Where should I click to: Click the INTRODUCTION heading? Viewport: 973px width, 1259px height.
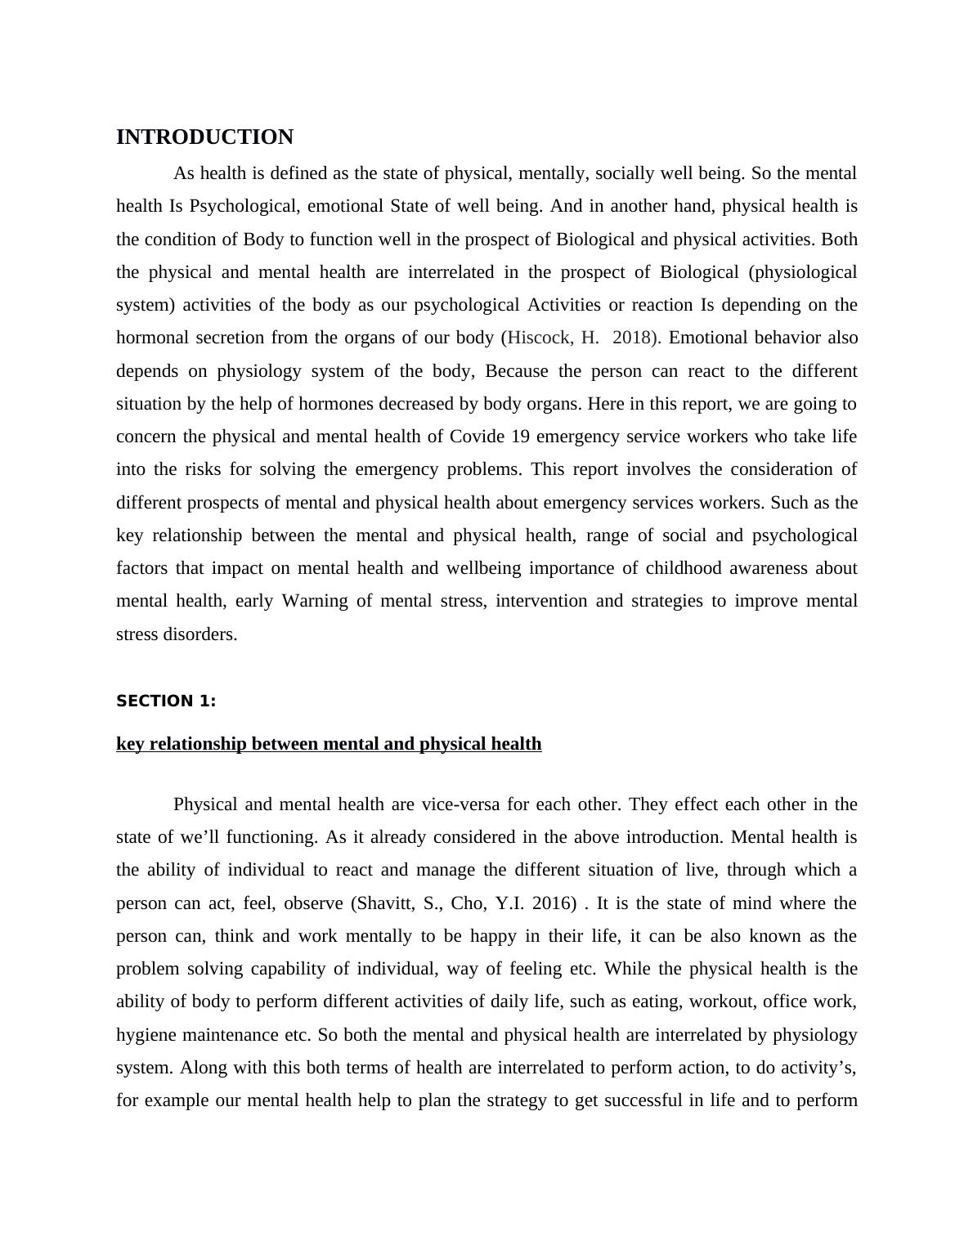click(204, 137)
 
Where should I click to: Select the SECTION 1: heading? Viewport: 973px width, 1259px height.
click(166, 701)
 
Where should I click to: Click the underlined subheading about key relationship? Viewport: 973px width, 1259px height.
click(329, 744)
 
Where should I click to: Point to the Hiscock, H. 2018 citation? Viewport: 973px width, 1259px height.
click(581, 338)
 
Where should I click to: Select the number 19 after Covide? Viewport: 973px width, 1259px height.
click(520, 437)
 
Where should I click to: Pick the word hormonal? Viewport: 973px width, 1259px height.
click(150, 338)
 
